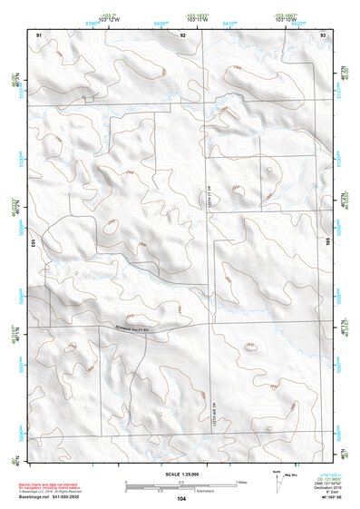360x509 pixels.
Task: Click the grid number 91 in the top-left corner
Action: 39,34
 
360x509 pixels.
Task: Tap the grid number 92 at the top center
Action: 183,34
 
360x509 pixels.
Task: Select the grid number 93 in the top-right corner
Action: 323,34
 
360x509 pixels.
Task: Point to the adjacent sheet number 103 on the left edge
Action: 32,243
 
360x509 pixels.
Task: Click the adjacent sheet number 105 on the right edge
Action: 330,243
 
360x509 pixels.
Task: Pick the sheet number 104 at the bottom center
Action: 181,499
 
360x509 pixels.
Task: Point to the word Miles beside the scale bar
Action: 241,481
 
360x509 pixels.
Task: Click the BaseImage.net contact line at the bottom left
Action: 43,498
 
